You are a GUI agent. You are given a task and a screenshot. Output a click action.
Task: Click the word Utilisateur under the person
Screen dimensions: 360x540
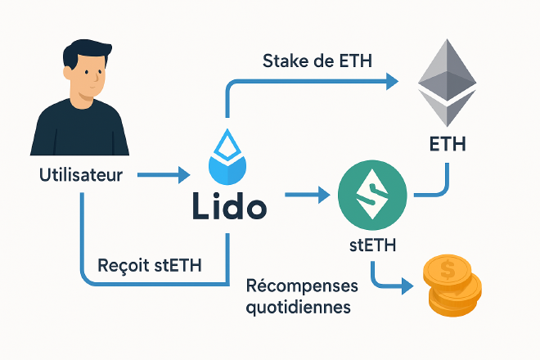80,174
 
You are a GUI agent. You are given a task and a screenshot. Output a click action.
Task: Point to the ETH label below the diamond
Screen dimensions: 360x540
447,145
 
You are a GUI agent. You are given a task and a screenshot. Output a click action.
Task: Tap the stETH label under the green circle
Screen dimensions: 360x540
372,245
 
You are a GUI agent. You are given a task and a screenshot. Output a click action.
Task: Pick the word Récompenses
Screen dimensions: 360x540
303,288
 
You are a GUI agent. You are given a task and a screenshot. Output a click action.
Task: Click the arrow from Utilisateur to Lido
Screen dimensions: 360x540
164,174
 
